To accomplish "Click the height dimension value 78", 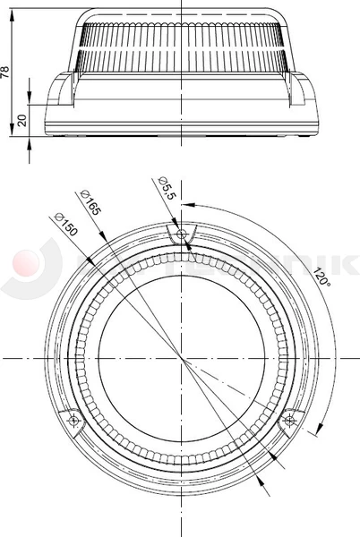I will pyautogui.click(x=7, y=72).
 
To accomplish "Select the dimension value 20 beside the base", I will pyautogui.click(x=21, y=119).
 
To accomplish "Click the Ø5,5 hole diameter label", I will pyautogui.click(x=167, y=189).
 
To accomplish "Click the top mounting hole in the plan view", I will pyautogui.click(x=182, y=234).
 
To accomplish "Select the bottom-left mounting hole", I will pyautogui.click(x=74, y=420).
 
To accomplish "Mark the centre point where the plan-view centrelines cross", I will pyautogui.click(x=182, y=358).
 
